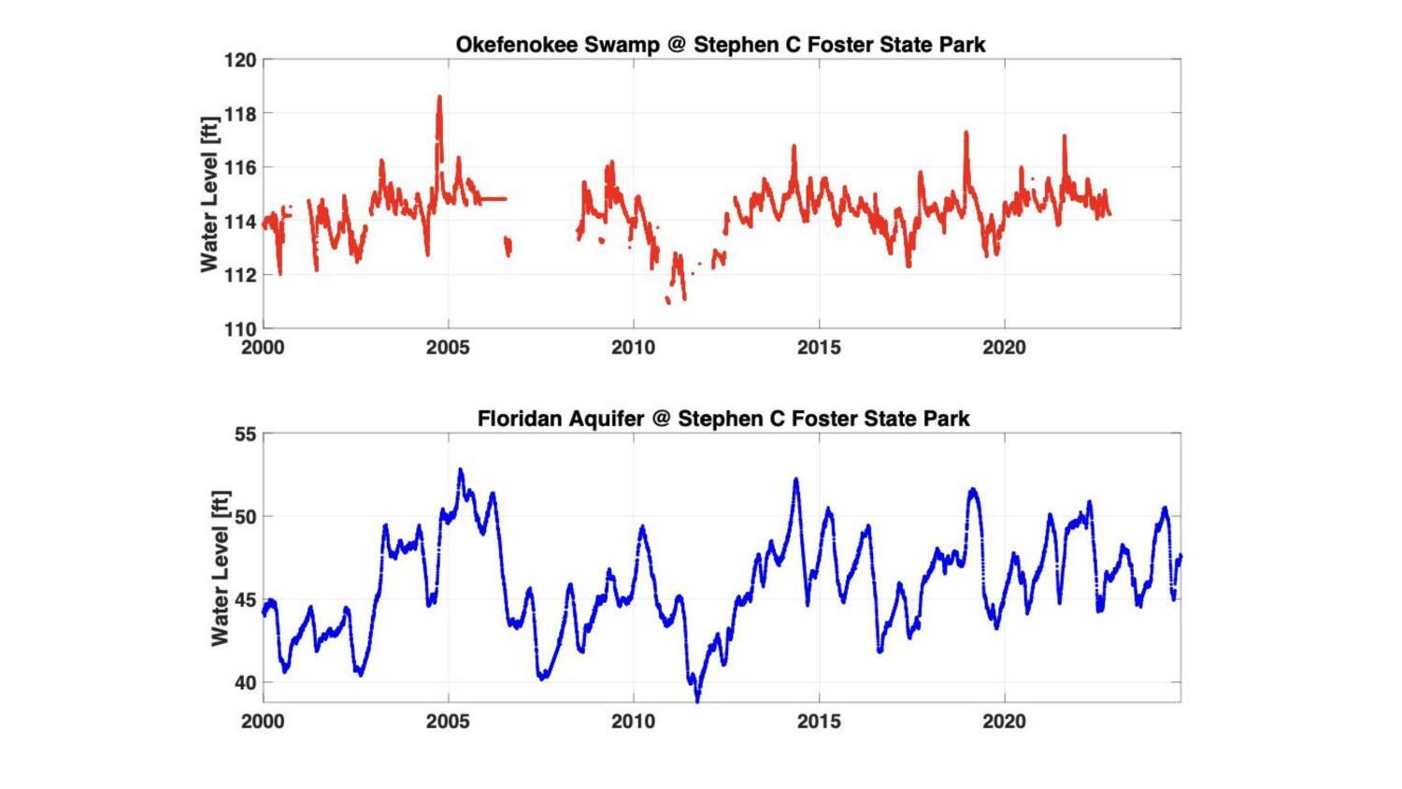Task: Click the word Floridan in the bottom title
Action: [517, 418]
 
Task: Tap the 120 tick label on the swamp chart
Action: [239, 60]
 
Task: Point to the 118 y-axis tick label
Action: [239, 113]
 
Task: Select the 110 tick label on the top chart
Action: [239, 328]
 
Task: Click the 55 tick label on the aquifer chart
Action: [245, 435]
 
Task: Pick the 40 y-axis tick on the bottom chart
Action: [245, 682]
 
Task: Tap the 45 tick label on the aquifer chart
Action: [245, 599]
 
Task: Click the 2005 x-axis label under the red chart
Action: [448, 348]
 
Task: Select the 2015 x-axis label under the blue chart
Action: [819, 722]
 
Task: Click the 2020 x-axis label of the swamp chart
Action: [1004, 348]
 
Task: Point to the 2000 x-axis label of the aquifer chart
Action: [264, 722]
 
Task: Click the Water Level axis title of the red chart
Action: [209, 194]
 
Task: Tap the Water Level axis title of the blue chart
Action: [220, 567]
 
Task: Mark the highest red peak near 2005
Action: [439, 96]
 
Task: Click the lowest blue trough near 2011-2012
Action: [697, 698]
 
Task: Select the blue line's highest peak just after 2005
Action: [460, 470]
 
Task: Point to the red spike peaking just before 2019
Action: [966, 133]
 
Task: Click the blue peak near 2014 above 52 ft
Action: [796, 480]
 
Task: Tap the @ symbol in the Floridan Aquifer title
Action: [661, 418]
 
